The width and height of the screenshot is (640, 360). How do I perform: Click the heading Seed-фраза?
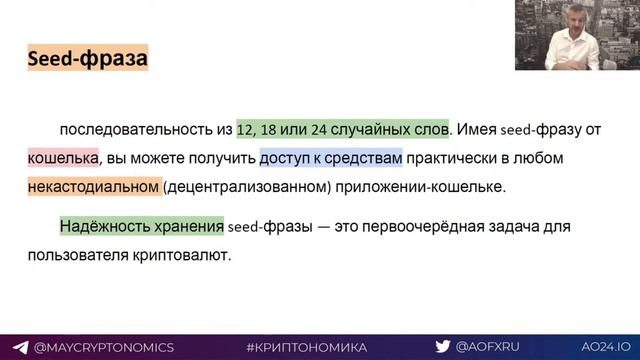tap(87, 59)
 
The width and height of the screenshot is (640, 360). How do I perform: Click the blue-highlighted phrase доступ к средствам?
tap(330, 158)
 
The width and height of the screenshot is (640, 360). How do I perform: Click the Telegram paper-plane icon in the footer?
tap(20, 347)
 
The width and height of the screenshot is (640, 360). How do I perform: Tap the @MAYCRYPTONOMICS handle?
tap(104, 347)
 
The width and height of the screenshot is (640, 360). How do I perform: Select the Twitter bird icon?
tap(441, 347)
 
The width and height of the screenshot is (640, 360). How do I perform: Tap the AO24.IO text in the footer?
tap(601, 347)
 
